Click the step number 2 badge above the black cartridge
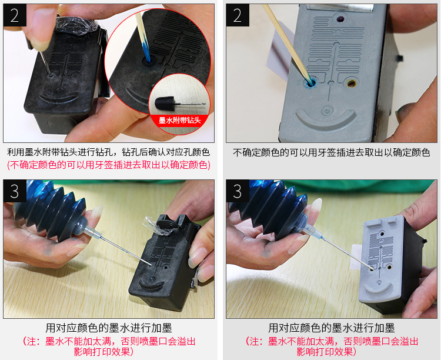click(x=15, y=15)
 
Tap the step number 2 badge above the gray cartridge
click(x=238, y=15)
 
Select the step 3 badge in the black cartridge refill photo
click(x=15, y=191)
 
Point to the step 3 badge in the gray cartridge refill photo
click(x=238, y=191)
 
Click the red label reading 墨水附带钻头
click(x=180, y=121)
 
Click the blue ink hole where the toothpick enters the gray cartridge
click(x=310, y=83)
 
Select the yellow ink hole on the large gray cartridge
click(x=351, y=83)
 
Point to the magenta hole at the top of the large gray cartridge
click(x=340, y=19)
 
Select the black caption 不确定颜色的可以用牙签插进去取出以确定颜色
click(x=331, y=152)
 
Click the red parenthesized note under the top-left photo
click(x=109, y=165)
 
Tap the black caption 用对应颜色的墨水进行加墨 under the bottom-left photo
click(x=109, y=328)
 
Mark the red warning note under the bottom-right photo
click(x=331, y=346)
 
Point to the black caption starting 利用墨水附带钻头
click(x=109, y=152)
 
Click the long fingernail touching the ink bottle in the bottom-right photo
click(x=316, y=206)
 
